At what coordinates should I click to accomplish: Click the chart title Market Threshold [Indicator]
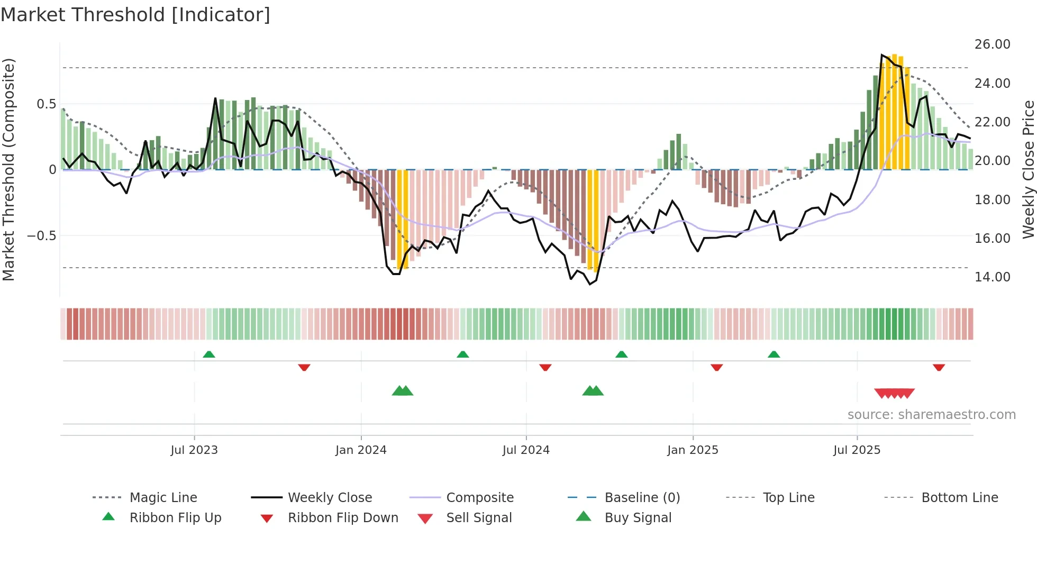[135, 15]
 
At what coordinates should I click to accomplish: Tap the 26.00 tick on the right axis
[992, 44]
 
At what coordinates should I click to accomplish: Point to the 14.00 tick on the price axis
[992, 277]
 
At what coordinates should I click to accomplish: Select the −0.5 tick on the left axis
[41, 236]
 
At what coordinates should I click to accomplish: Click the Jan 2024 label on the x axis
[361, 450]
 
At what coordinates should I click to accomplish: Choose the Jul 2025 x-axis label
[857, 450]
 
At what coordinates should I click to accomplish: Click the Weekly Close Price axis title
[1028, 169]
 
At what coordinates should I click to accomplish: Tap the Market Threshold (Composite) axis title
[8, 169]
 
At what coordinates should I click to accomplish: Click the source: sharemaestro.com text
[931, 415]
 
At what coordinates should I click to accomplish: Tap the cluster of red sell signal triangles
[894, 394]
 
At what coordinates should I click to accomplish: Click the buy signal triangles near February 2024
[402, 391]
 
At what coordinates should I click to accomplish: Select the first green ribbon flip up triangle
[209, 354]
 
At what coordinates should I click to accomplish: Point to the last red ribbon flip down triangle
[939, 368]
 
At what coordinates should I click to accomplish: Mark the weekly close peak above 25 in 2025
[882, 55]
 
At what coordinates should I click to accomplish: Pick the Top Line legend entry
[788, 498]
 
